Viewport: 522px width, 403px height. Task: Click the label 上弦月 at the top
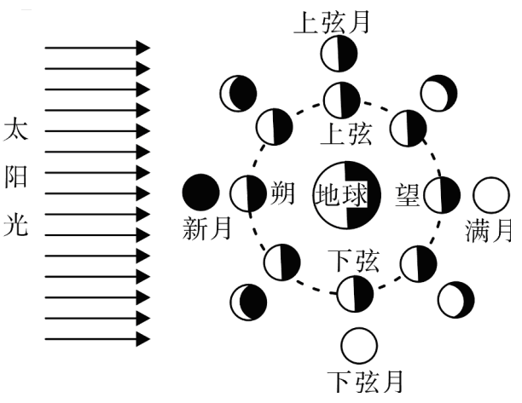pyautogui.click(x=332, y=22)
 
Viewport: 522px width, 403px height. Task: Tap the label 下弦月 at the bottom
pyautogui.click(x=365, y=382)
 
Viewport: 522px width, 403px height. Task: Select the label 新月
pyautogui.click(x=206, y=228)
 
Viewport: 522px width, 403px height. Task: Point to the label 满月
pyautogui.click(x=488, y=230)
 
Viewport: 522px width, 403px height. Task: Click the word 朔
pyautogui.click(x=282, y=193)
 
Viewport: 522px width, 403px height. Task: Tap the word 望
pyautogui.click(x=408, y=195)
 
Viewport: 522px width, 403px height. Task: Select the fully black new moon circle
pyautogui.click(x=201, y=193)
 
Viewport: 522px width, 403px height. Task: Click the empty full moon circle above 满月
pyautogui.click(x=491, y=195)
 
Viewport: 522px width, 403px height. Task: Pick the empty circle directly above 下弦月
pyautogui.click(x=359, y=346)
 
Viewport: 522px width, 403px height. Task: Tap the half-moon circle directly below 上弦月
pyautogui.click(x=339, y=54)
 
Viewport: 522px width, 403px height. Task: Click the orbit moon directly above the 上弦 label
pyautogui.click(x=342, y=100)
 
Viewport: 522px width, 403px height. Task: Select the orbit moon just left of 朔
pyautogui.click(x=248, y=193)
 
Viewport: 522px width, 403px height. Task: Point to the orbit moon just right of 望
pyautogui.click(x=442, y=195)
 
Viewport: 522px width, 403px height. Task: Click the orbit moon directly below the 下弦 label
pyautogui.click(x=355, y=294)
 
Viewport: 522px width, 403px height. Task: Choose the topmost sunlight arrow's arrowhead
pyautogui.click(x=143, y=48)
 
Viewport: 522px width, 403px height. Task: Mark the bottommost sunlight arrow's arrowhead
pyautogui.click(x=143, y=339)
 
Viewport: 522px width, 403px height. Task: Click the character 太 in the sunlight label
pyautogui.click(x=15, y=129)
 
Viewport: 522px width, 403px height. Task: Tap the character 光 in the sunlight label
pyautogui.click(x=15, y=225)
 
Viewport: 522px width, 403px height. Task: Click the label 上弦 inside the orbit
pyautogui.click(x=345, y=134)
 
